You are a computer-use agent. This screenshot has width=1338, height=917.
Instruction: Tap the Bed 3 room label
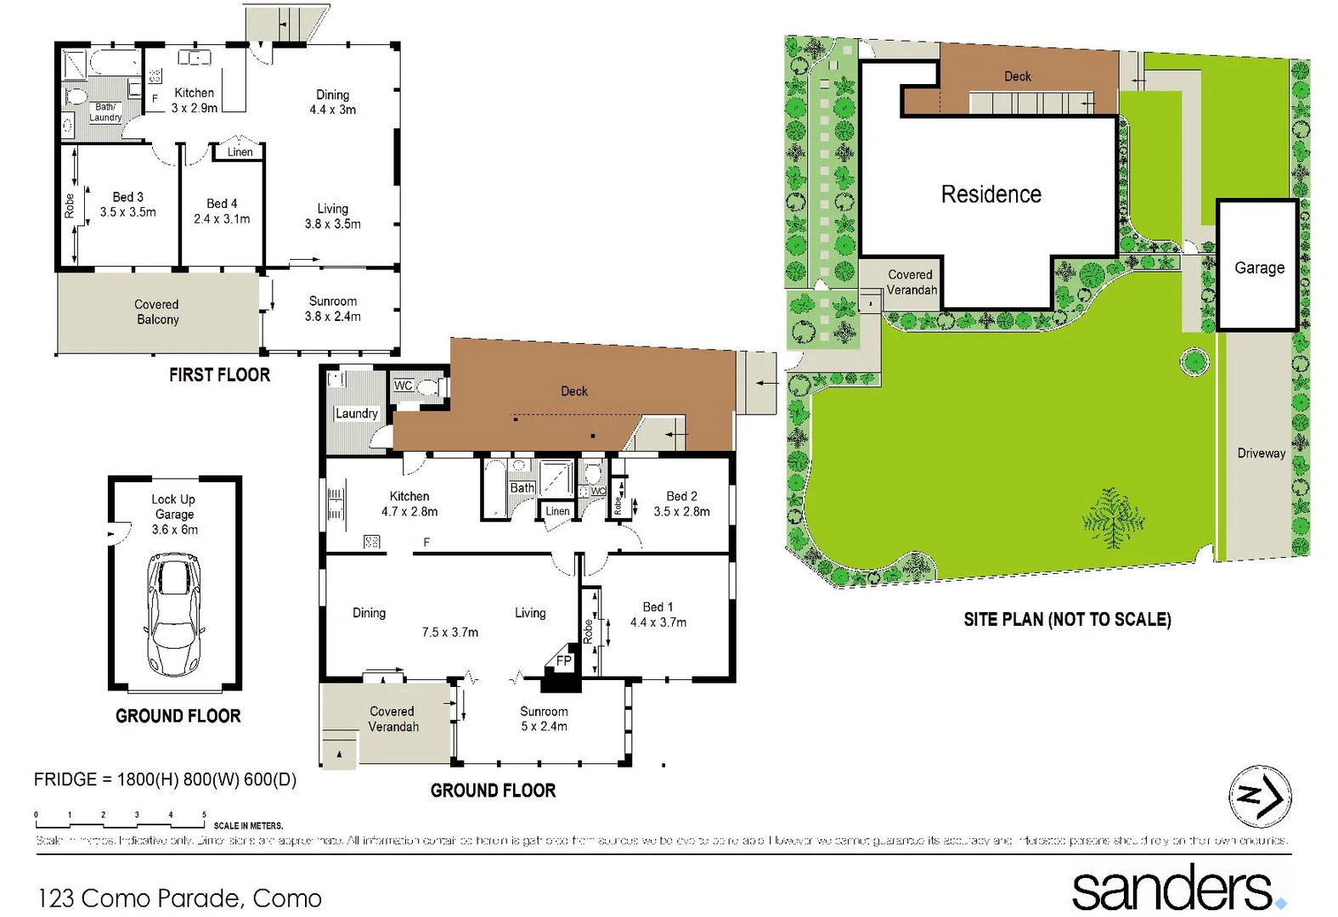click(x=127, y=197)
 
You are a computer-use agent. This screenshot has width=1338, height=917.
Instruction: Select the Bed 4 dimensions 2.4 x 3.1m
click(x=222, y=219)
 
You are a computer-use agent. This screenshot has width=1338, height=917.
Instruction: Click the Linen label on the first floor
click(x=240, y=152)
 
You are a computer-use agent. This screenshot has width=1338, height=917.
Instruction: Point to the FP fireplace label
click(x=563, y=661)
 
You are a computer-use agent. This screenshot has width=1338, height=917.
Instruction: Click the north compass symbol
click(x=1260, y=796)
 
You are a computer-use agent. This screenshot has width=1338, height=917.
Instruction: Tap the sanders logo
click(x=1172, y=888)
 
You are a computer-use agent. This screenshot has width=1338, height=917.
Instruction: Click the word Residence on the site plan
click(x=991, y=194)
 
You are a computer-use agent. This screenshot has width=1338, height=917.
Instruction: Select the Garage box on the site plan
click(x=1258, y=267)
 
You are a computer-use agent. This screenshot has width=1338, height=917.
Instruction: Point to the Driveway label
click(x=1261, y=453)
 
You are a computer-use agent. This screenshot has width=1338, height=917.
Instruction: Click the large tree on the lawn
click(x=1112, y=517)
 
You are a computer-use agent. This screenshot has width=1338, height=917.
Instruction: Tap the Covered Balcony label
click(x=157, y=312)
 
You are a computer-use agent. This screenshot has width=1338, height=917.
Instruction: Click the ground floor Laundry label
click(x=356, y=413)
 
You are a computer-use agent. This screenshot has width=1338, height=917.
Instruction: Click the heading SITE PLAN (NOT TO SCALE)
click(x=1067, y=619)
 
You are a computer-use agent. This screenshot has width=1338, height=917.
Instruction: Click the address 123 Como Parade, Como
click(x=179, y=897)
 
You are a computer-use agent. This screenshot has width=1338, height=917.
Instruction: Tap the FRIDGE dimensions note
click(x=165, y=779)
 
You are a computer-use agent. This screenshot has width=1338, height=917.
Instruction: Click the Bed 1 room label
click(x=658, y=607)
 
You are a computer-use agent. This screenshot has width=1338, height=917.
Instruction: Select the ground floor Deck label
click(x=573, y=391)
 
